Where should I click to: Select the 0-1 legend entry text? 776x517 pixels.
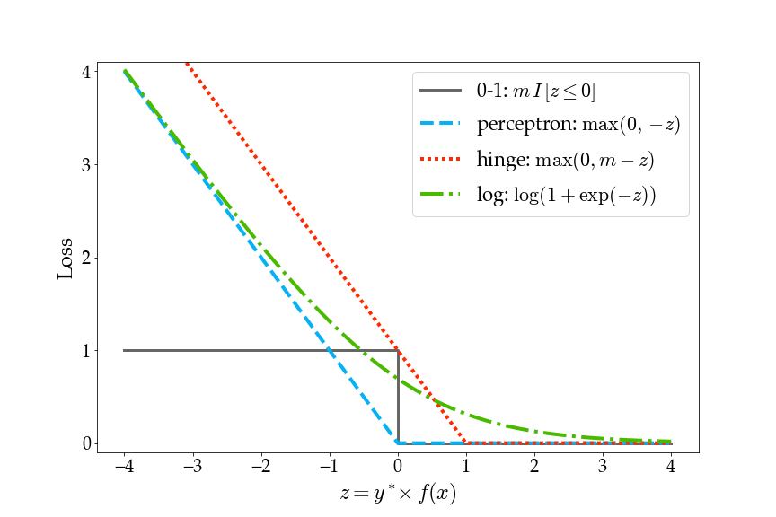(x=536, y=91)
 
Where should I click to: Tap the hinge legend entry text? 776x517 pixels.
(x=565, y=160)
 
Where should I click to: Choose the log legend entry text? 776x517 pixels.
(x=566, y=195)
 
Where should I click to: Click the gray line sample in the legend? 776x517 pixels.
(x=440, y=91)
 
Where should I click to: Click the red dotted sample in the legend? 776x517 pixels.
(x=440, y=160)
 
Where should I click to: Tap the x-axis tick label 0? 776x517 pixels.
(x=398, y=467)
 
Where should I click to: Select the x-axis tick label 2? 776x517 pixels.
(x=534, y=467)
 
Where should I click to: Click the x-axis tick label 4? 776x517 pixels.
(x=672, y=467)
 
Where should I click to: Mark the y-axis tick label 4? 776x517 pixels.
(x=85, y=72)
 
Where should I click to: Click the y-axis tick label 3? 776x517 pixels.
(x=85, y=164)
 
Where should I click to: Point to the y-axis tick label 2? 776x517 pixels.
(x=85, y=258)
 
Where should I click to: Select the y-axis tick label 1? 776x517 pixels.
(x=85, y=350)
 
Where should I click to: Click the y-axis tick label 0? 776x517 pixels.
(x=85, y=443)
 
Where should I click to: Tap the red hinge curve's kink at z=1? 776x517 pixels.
(x=466, y=443)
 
